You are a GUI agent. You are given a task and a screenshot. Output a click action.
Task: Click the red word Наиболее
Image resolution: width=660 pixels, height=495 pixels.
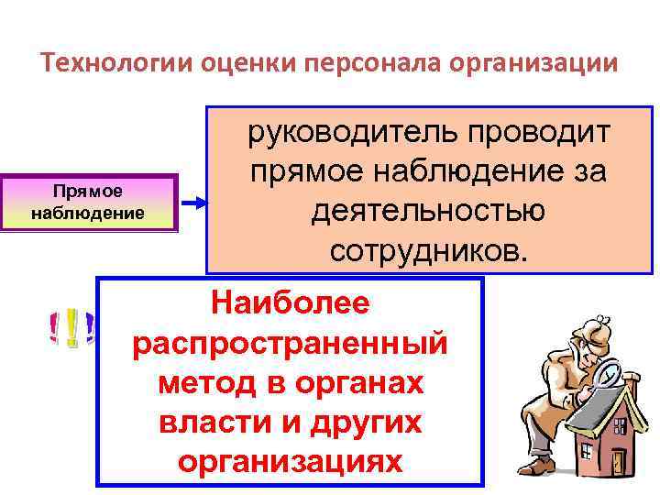pyautogui.click(x=290, y=302)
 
